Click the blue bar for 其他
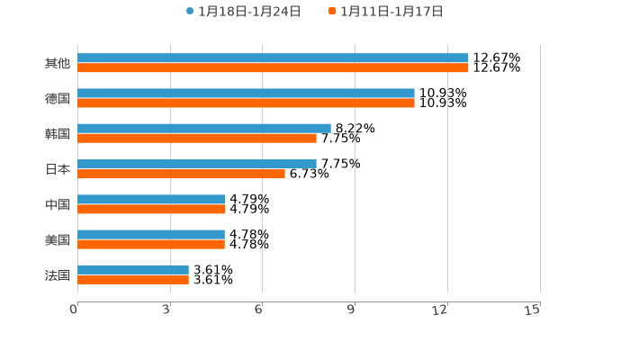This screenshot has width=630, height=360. point(273,58)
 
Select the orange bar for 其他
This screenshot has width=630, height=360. point(273,68)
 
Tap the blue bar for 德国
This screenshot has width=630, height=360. point(246,94)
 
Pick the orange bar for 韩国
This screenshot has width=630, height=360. point(197,139)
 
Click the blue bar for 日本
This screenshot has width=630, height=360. point(197,164)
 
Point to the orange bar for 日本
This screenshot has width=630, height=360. point(181,174)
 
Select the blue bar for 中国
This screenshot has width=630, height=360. point(151,199)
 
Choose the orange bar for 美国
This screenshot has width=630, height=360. point(151,244)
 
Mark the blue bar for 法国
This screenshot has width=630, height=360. point(133,269)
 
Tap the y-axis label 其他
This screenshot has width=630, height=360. point(58,63)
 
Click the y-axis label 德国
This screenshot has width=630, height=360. point(58,98)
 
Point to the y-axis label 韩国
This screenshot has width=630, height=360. point(58,133)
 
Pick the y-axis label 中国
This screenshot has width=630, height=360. point(58,204)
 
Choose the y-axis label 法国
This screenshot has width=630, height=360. point(58,274)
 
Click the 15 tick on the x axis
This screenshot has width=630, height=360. point(533,310)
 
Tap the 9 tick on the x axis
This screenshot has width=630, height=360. point(352,310)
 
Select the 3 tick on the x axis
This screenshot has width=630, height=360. point(167,310)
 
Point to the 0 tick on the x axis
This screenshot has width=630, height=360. point(75,310)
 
